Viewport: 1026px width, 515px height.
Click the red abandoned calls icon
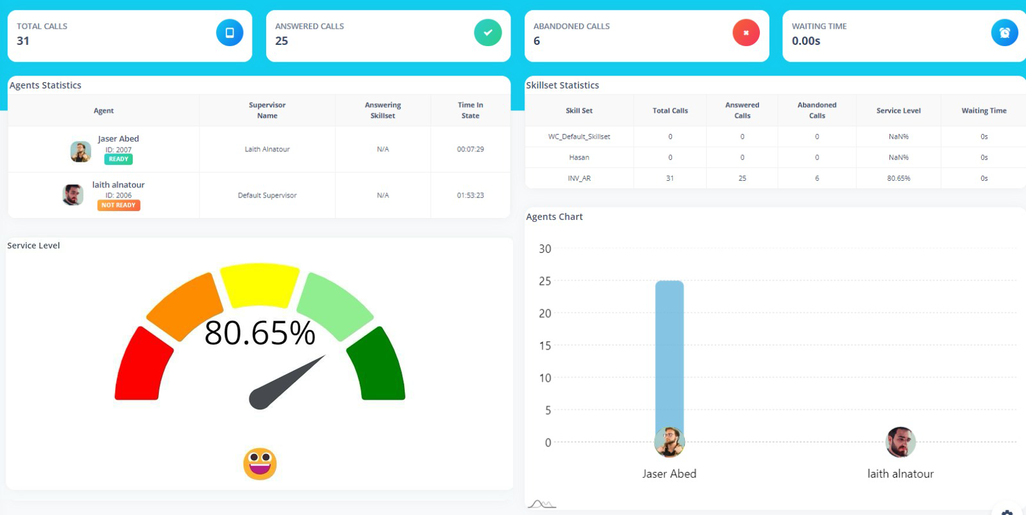coord(746,33)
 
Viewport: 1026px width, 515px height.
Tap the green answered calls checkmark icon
coord(487,33)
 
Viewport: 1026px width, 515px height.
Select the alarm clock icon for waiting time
coord(1004,33)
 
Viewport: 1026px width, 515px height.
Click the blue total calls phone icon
coord(230,33)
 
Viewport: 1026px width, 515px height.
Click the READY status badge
coord(119,159)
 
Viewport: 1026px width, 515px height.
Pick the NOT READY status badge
coord(119,205)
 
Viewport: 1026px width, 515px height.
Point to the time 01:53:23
coord(470,195)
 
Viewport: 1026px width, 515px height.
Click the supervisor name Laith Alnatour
coord(267,149)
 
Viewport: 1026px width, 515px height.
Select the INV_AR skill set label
coord(579,178)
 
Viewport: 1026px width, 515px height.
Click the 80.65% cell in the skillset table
coord(898,178)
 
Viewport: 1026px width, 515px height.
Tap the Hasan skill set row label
coord(579,157)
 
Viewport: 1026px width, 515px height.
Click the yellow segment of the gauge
coord(260,284)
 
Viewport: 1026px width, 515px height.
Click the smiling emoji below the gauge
coord(260,464)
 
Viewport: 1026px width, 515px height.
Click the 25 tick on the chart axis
coord(545,281)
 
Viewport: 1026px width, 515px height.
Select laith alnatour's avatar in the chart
coord(900,442)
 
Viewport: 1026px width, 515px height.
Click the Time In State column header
coord(470,110)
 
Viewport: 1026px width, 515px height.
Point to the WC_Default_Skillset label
coord(579,137)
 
